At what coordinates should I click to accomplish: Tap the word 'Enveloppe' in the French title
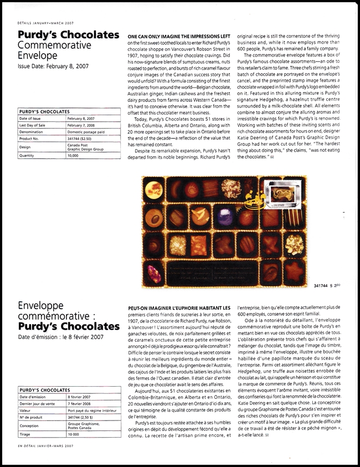(45, 305)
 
